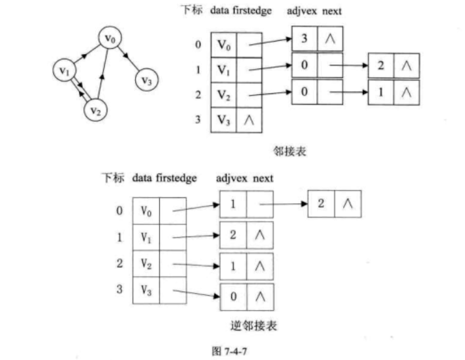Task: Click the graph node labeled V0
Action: pos(110,38)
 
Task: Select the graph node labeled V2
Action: pos(96,109)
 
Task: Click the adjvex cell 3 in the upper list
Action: pos(304,39)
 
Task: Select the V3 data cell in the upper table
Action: pos(223,120)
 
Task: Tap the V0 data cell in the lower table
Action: pos(146,211)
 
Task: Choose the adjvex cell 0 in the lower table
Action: pos(232,296)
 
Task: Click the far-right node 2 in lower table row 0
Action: pos(321,204)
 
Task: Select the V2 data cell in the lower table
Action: pos(146,263)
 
